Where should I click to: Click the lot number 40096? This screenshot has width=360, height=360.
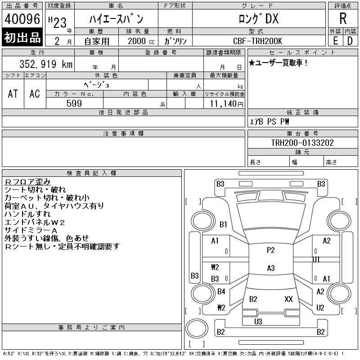(22, 18)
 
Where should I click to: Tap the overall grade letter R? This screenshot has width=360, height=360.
(343, 18)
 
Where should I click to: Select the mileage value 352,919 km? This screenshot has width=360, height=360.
(46, 64)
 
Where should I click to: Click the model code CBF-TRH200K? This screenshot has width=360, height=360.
(257, 41)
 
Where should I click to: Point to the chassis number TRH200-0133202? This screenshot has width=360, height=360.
(302, 143)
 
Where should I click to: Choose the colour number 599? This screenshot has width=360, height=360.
(74, 103)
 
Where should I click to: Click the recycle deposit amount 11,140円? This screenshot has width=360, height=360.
(227, 104)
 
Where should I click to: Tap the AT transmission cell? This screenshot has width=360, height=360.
(13, 94)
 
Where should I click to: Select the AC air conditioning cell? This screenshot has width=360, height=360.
(35, 94)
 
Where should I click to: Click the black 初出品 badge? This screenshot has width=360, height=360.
(22, 37)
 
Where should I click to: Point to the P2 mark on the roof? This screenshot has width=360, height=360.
(271, 250)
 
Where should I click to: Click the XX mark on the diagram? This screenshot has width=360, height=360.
(288, 299)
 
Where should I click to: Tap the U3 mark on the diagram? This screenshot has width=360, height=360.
(258, 321)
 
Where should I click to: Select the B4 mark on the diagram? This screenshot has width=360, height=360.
(221, 292)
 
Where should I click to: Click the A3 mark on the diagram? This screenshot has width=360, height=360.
(271, 268)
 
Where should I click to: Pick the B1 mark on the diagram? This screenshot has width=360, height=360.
(223, 224)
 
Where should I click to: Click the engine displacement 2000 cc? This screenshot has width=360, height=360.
(141, 41)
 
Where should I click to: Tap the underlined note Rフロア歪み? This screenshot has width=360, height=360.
(27, 182)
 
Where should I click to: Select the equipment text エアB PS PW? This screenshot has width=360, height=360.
(269, 121)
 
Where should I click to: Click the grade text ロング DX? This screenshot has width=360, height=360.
(259, 18)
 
